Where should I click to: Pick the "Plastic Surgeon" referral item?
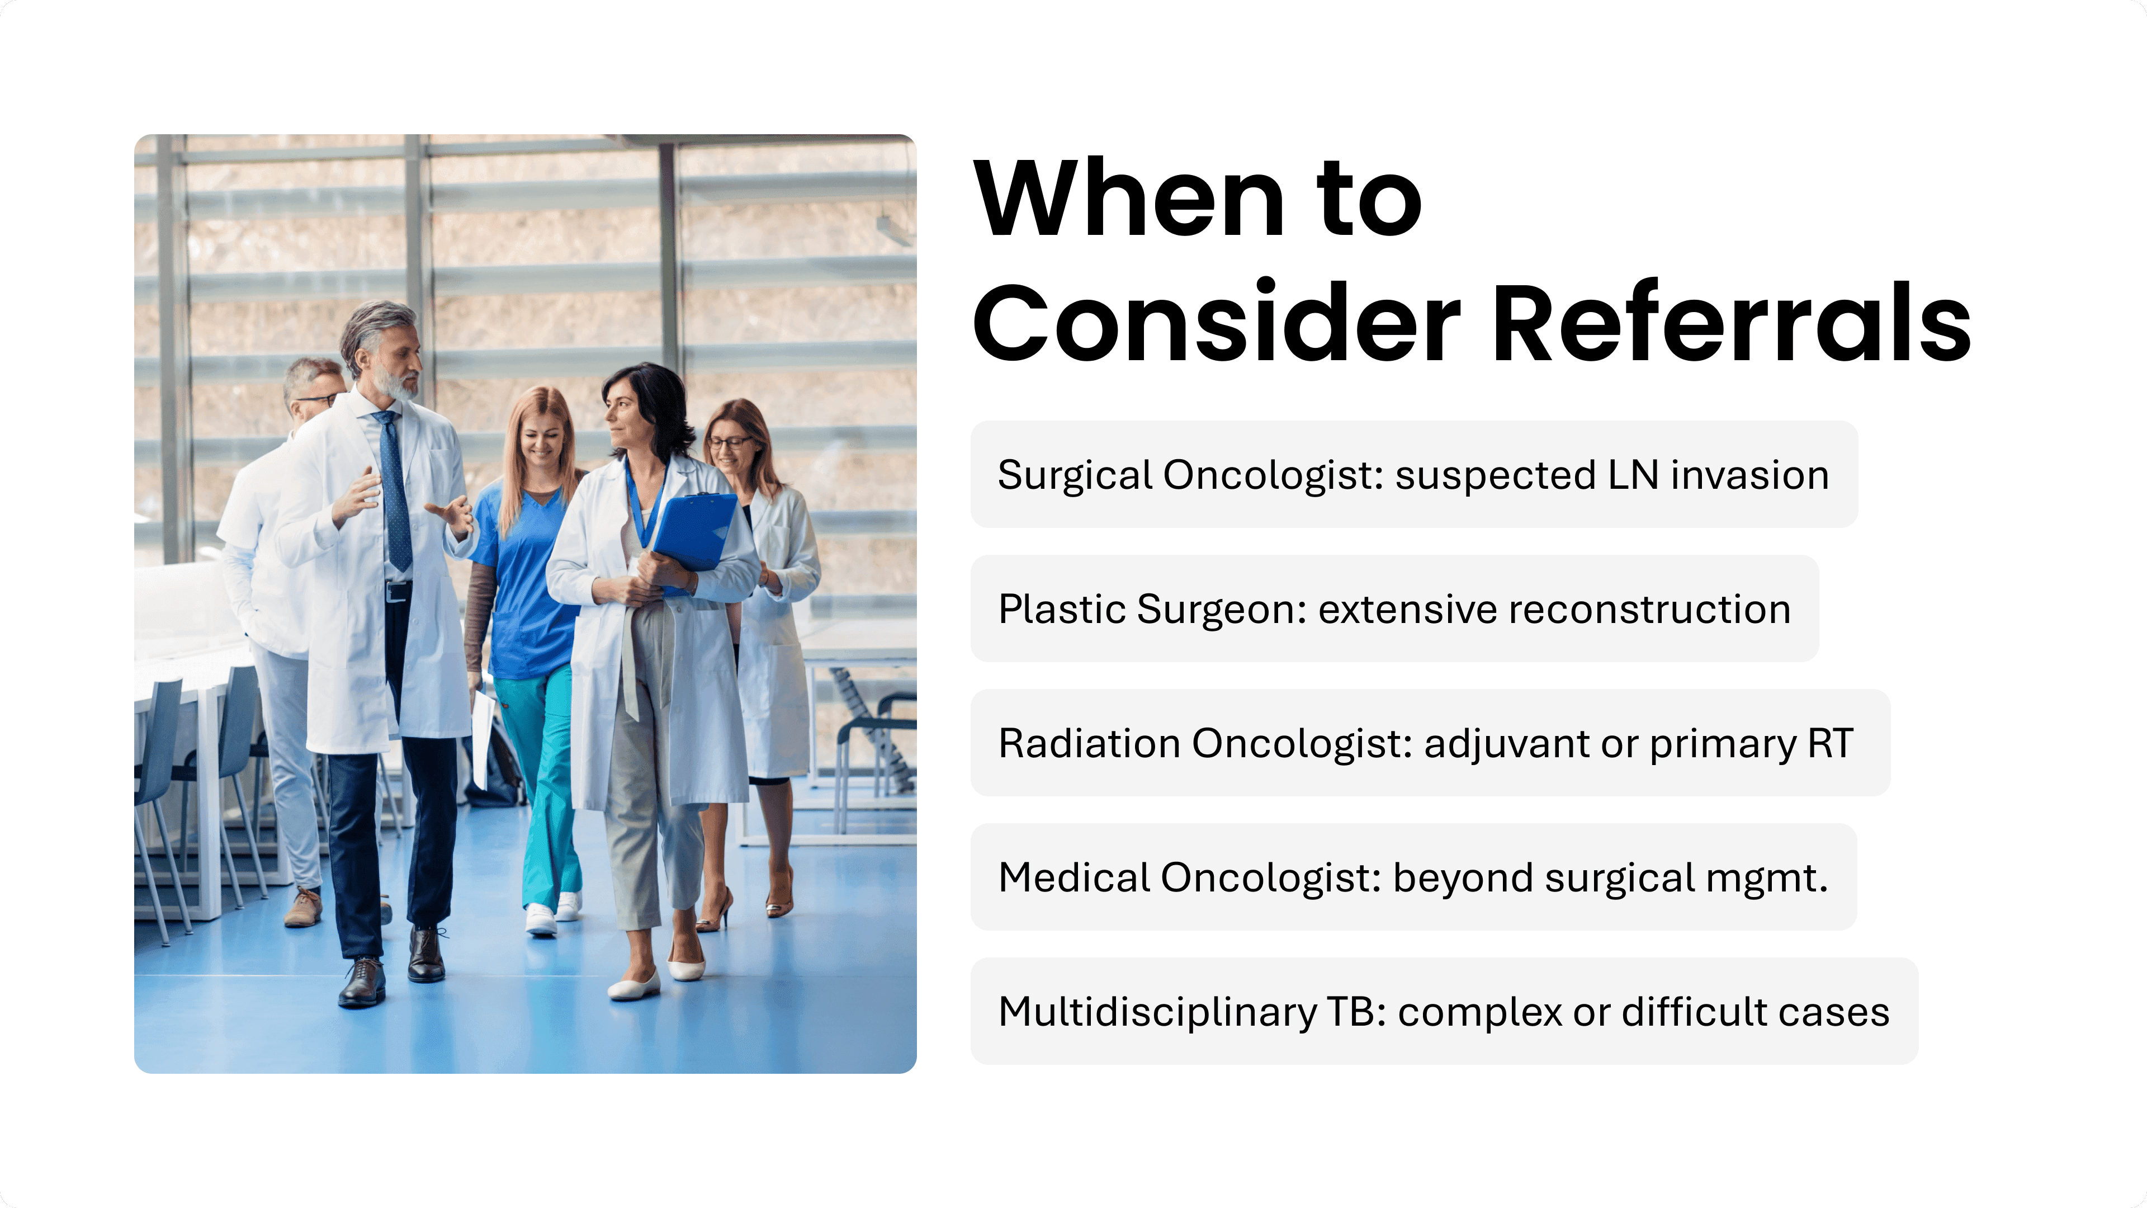pyautogui.click(x=1394, y=608)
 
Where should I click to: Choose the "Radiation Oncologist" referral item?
pyautogui.click(x=1430, y=743)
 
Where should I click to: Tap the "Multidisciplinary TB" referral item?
pyautogui.click(x=1444, y=1011)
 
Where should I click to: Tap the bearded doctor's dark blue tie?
pyautogui.click(x=395, y=492)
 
